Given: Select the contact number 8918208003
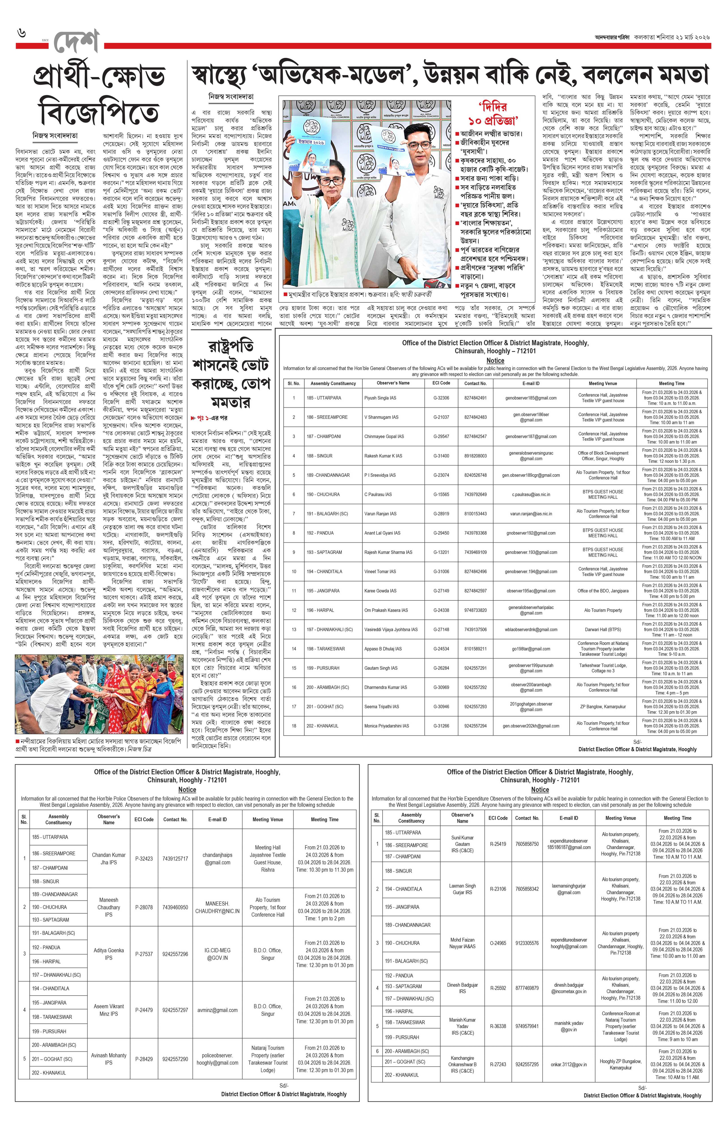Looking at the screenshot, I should coord(475,456).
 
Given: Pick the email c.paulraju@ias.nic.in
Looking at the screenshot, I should coord(531,494).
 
